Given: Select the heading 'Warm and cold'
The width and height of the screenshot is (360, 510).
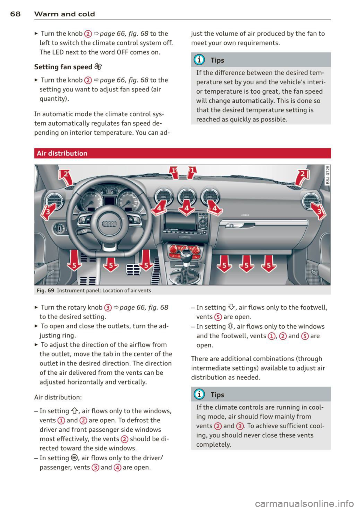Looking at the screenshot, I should (x=64, y=14).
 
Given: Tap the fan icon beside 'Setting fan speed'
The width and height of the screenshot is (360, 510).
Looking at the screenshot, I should (x=98, y=67).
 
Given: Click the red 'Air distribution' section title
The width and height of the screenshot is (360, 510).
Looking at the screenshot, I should (x=62, y=153).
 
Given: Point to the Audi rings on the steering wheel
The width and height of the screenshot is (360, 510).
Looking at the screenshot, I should (x=109, y=224).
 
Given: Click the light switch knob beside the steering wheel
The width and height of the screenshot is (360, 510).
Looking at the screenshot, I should (x=59, y=227).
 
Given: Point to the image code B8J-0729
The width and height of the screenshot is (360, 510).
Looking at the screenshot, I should (x=327, y=175).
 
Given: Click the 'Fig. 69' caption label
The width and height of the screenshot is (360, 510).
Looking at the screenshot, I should (x=45, y=290).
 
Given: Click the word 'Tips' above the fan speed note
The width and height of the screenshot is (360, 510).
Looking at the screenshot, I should (x=217, y=60).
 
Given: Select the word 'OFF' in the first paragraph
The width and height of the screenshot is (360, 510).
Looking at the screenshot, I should (x=123, y=52).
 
